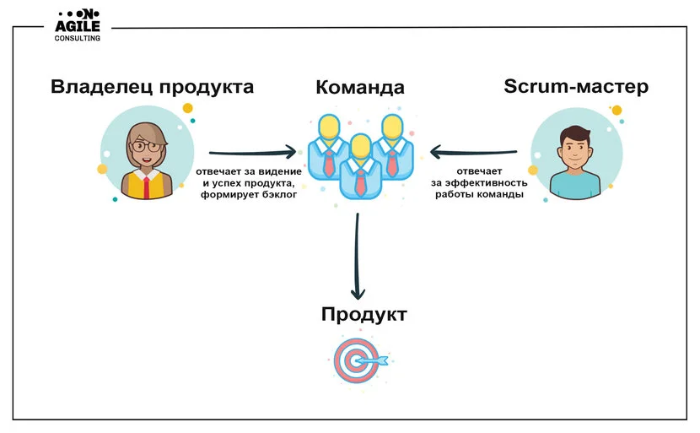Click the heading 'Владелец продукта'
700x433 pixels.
pyautogui.click(x=152, y=87)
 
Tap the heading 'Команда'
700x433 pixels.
pyautogui.click(x=360, y=88)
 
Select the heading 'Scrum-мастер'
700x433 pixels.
pyautogui.click(x=576, y=87)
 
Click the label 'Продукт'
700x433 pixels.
pyautogui.click(x=363, y=315)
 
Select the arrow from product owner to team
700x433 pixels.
pyautogui.click(x=253, y=154)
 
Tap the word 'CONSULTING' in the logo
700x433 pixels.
pyautogui.click(x=77, y=39)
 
